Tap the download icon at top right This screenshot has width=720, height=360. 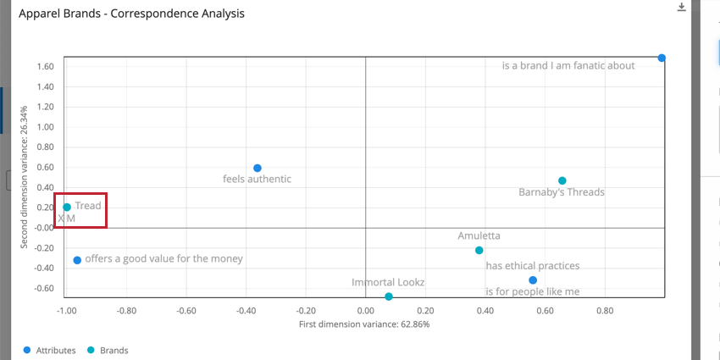(682, 8)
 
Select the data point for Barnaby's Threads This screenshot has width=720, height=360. (562, 180)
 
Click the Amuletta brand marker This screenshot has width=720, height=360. (479, 250)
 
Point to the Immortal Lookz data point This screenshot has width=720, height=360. (389, 296)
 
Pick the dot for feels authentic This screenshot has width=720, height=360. (258, 168)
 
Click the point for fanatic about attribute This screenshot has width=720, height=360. (662, 58)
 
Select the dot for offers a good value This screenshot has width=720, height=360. (77, 260)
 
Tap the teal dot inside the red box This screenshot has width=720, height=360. (67, 207)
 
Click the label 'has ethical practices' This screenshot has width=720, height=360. (532, 265)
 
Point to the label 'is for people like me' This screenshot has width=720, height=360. (532, 291)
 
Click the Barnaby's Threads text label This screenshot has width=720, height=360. (561, 192)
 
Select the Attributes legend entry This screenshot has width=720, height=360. (51, 349)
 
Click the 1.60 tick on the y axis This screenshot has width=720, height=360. (47, 67)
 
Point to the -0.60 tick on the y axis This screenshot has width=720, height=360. (45, 288)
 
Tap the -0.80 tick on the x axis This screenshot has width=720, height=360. (126, 311)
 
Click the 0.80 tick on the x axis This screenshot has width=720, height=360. (604, 311)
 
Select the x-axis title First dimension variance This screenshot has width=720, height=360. (364, 324)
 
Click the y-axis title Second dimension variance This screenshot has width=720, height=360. (25, 177)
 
